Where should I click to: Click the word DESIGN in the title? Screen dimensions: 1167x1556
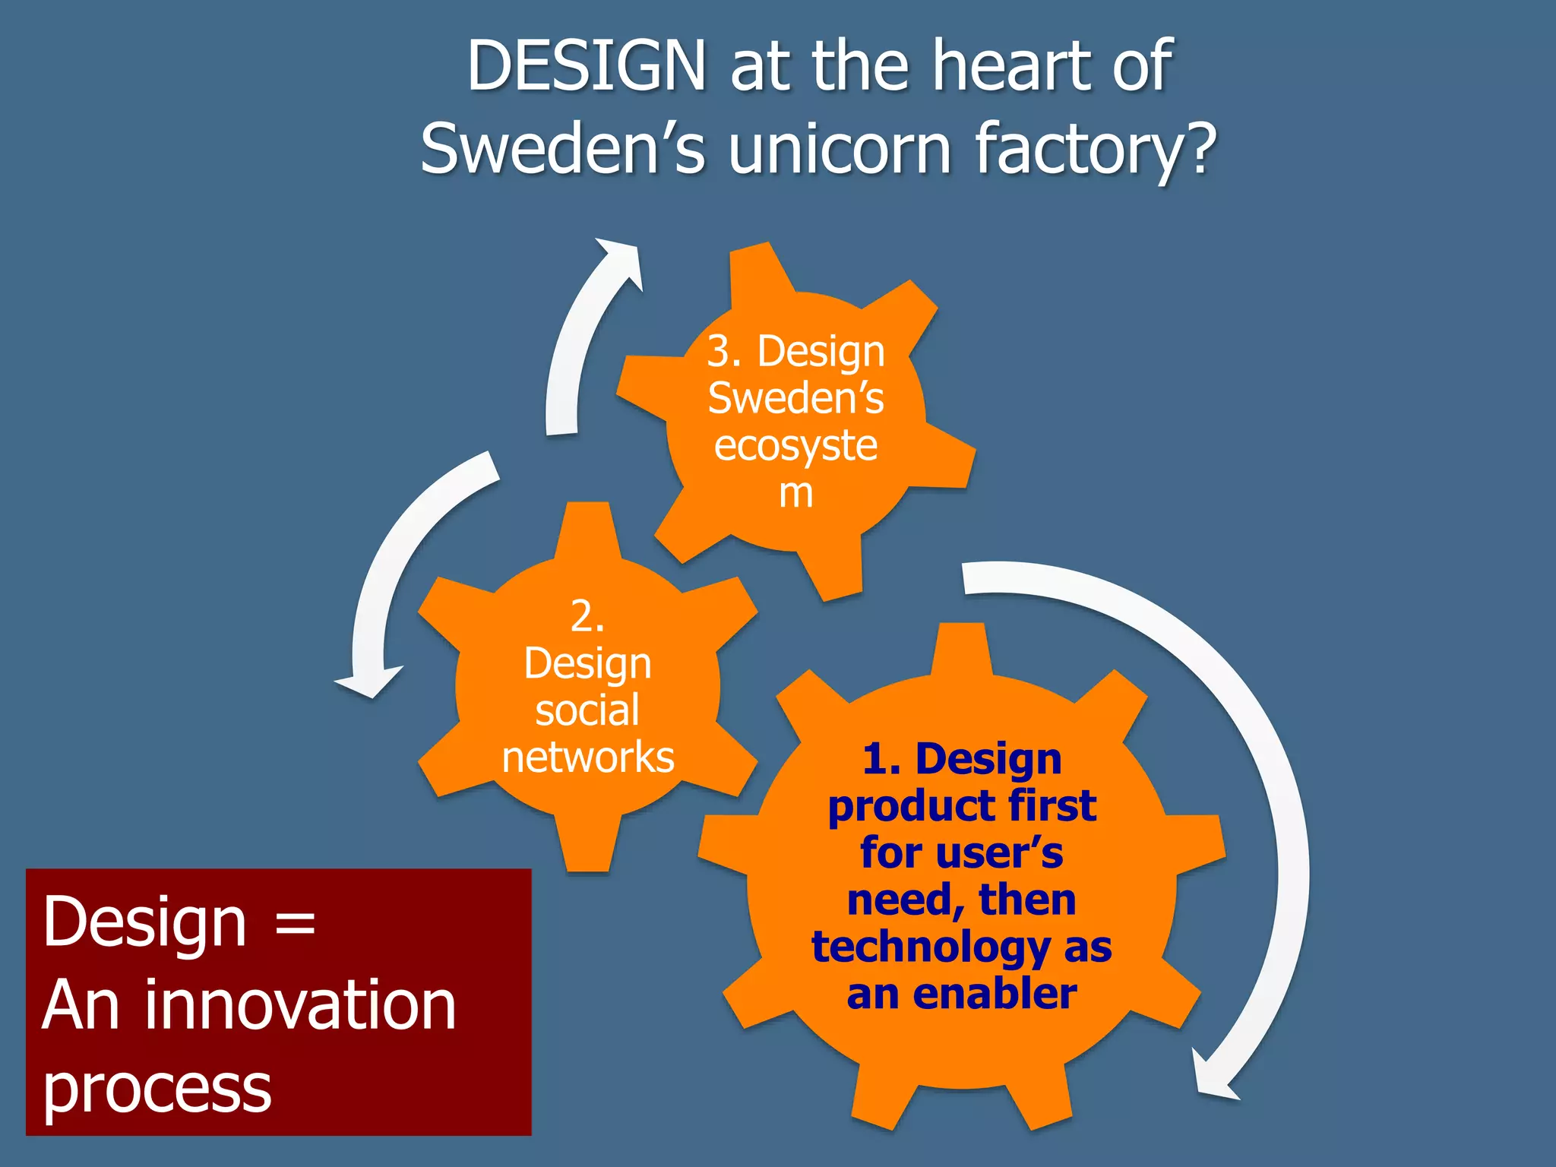pos(587,67)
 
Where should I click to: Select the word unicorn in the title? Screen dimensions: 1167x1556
pos(840,149)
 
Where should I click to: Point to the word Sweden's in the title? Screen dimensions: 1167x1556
pos(563,149)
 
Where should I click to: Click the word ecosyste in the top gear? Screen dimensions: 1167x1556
pos(795,446)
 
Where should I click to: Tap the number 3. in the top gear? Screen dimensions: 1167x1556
pos(724,352)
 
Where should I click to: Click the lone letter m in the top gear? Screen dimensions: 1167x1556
pos(795,494)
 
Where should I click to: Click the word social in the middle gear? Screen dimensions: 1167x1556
pos(587,710)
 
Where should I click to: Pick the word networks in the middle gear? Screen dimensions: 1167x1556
pos(587,757)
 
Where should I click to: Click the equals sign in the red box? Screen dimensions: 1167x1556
pos(295,924)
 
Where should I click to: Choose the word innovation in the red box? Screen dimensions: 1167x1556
pos(301,1006)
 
